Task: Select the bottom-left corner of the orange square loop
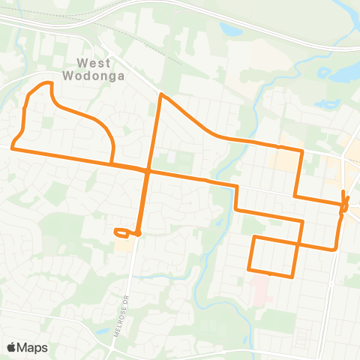249,268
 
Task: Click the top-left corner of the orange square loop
253,238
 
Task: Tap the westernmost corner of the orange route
13,145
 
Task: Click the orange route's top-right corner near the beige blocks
301,151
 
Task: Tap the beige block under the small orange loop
125,244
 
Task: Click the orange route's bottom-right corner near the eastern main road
334,248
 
